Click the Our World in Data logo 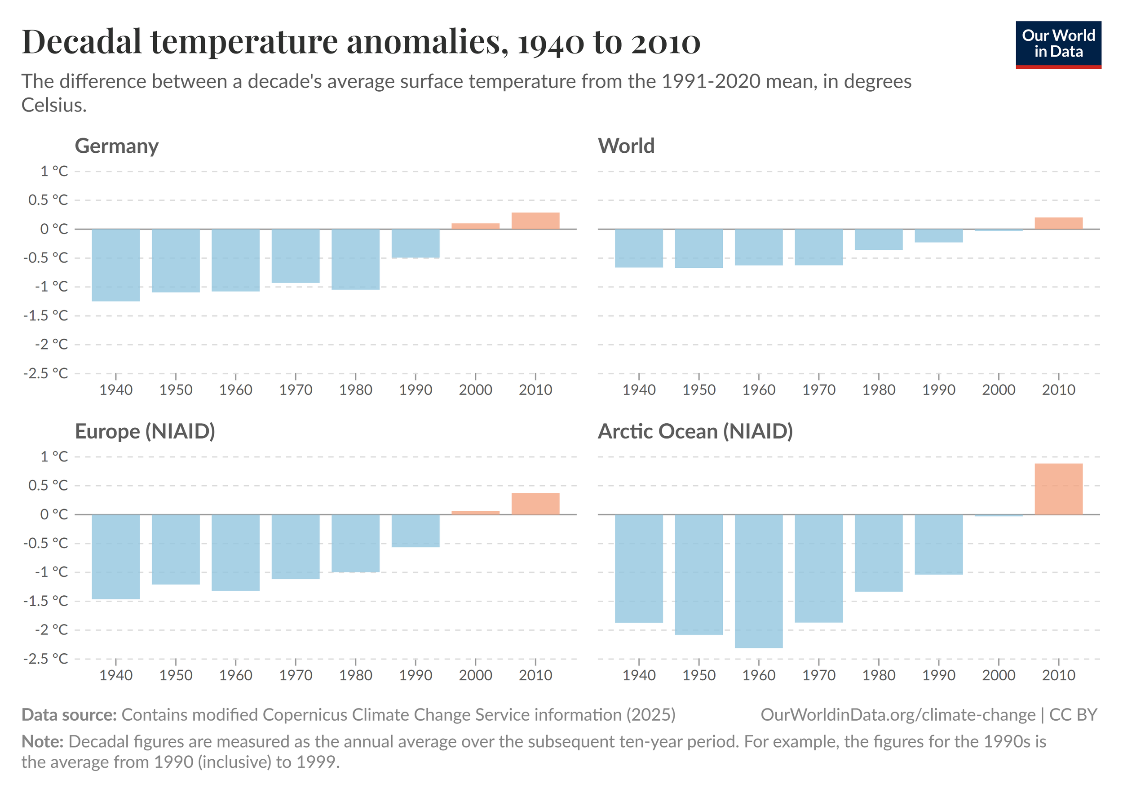1058,44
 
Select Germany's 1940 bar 116,265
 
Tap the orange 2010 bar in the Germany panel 535,221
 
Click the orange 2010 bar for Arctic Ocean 1058,489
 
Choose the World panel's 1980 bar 879,239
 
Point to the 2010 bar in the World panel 1058,223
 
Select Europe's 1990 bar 415,530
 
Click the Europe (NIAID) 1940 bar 116,556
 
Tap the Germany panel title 116,146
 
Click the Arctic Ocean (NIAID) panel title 694,431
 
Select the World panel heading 626,146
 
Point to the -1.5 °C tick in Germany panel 45,315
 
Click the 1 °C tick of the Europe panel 54,456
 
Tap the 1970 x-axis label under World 819,390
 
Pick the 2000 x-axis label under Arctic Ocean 998,675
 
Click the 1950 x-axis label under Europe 176,675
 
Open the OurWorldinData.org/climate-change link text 898,715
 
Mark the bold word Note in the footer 42,742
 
